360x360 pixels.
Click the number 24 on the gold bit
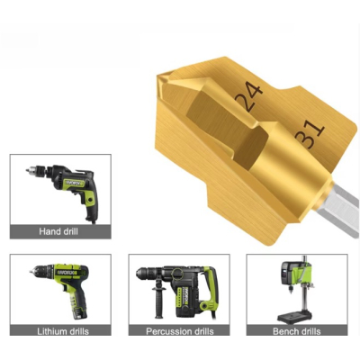click(x=249, y=96)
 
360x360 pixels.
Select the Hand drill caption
click(x=58, y=231)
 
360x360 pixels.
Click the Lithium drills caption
click(x=63, y=331)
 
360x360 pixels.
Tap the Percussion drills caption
click(x=180, y=331)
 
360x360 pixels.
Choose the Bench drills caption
click(x=297, y=331)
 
